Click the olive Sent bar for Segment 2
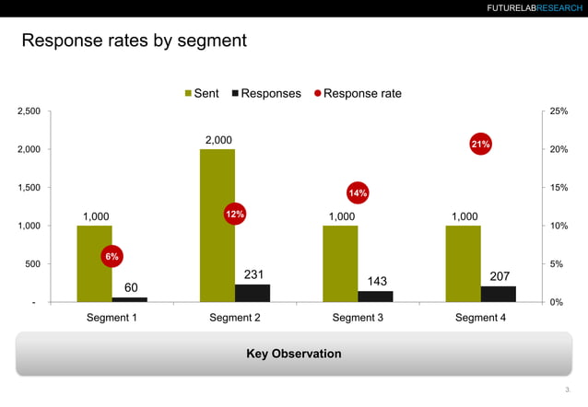(x=217, y=225)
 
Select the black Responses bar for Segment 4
(x=498, y=294)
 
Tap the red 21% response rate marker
(x=480, y=145)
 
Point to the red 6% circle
(x=112, y=256)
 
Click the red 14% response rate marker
(x=358, y=192)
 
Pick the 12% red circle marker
(x=234, y=214)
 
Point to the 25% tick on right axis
(x=559, y=111)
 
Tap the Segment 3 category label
(x=358, y=318)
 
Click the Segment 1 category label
(x=112, y=318)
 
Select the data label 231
(x=253, y=274)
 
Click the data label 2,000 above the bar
(x=218, y=140)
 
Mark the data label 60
(x=131, y=288)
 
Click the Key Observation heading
(x=293, y=354)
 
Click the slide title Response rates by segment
(x=134, y=41)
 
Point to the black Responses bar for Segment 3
(x=375, y=297)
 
